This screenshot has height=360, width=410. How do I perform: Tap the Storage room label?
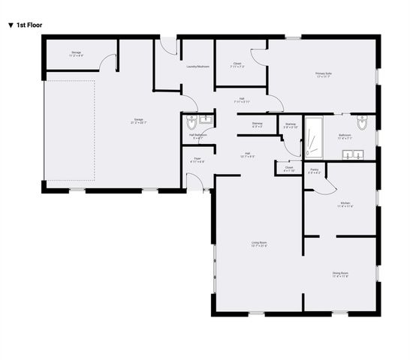point(76,54)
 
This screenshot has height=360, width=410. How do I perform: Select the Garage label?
point(139,121)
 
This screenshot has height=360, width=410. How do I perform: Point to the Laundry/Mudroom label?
point(197,67)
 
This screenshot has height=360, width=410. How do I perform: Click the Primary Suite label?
point(324,74)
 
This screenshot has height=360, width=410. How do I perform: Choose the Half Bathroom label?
point(198,136)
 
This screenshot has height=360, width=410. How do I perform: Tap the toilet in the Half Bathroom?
point(191,120)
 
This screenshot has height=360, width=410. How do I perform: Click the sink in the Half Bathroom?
point(207,119)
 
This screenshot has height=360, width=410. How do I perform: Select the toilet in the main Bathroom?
point(362,122)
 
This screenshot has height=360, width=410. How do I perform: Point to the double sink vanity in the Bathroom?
point(351,155)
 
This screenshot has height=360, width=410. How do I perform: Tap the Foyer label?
point(197,159)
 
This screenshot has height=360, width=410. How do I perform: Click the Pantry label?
point(315,172)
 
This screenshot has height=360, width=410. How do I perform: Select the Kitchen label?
point(345,204)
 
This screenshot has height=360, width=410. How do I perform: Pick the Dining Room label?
point(340,274)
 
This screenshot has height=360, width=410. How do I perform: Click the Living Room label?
point(259,244)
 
